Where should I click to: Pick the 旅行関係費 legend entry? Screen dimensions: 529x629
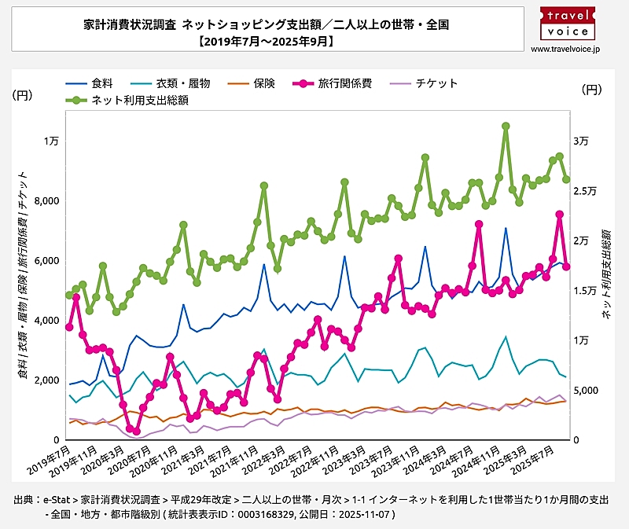pos(340,83)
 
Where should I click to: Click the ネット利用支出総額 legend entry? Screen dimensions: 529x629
pos(131,100)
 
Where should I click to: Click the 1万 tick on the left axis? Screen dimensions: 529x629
pos(50,141)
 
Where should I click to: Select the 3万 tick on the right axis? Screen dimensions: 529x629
pos(581,141)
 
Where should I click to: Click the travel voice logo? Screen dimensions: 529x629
pos(565,22)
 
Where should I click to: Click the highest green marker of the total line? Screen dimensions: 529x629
pos(506,126)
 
